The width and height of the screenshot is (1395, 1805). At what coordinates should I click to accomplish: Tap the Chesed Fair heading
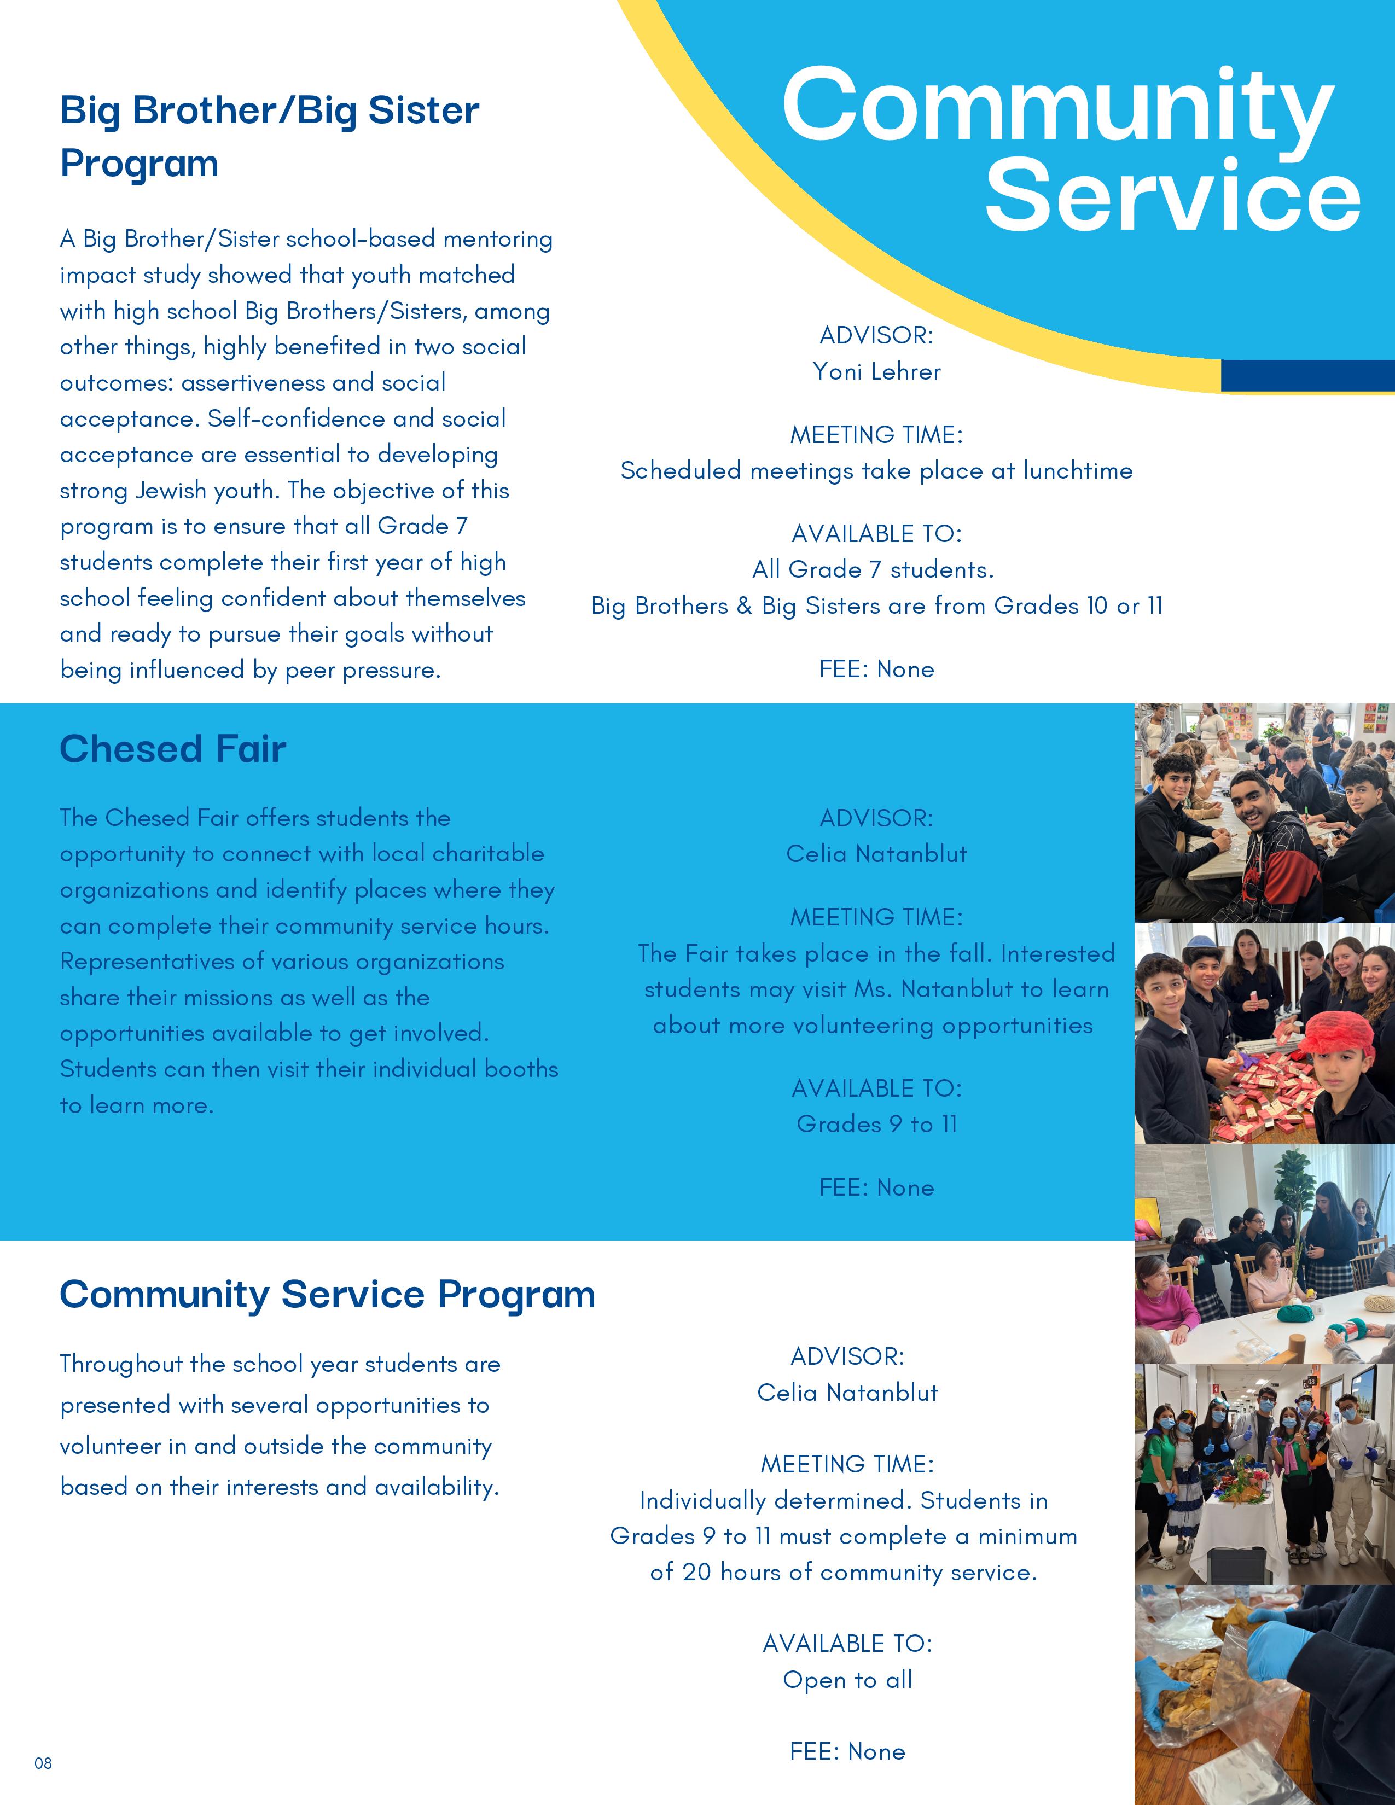pyautogui.click(x=173, y=749)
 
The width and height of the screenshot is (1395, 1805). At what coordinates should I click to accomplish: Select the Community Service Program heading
pyautogui.click(x=327, y=1294)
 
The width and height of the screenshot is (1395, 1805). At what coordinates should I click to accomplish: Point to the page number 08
pyautogui.click(x=43, y=1763)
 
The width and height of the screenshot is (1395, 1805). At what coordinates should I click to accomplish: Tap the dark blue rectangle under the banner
pyautogui.click(x=1307, y=376)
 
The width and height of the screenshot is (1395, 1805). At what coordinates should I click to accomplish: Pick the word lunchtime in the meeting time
pyautogui.click(x=1078, y=471)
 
